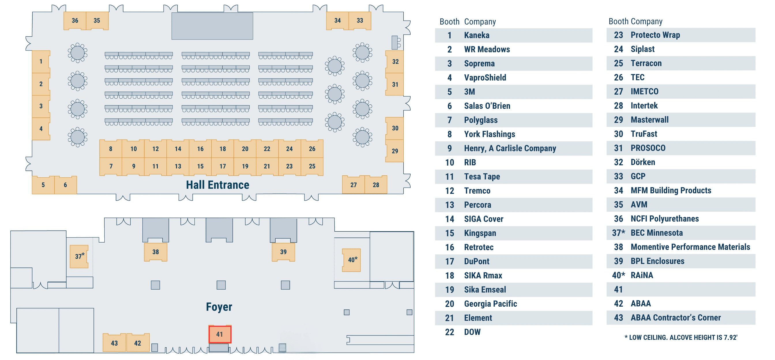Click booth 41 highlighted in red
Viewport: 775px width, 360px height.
[220, 334]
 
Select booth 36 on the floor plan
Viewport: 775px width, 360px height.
[75, 20]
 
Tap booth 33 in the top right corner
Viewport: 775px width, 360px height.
[360, 20]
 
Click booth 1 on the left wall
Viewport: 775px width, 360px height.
[41, 61]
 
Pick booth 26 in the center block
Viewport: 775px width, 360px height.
[312, 149]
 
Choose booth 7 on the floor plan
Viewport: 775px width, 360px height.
[111, 166]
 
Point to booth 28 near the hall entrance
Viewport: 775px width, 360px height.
[376, 185]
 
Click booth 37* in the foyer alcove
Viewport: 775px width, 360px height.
[79, 256]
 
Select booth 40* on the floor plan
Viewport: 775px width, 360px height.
[352, 260]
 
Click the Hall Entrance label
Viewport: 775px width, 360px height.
[217, 185]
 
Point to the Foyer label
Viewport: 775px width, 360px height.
[219, 307]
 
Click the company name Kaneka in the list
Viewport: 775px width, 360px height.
[477, 35]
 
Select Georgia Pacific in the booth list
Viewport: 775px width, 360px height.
[490, 304]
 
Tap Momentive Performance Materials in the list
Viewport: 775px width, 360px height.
[690, 247]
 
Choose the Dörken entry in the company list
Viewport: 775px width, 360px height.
[643, 162]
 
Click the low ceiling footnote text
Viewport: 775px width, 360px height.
[680, 337]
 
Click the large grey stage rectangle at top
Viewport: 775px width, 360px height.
[212, 26]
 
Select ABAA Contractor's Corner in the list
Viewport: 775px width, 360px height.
[676, 318]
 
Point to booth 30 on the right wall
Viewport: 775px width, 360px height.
[395, 128]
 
